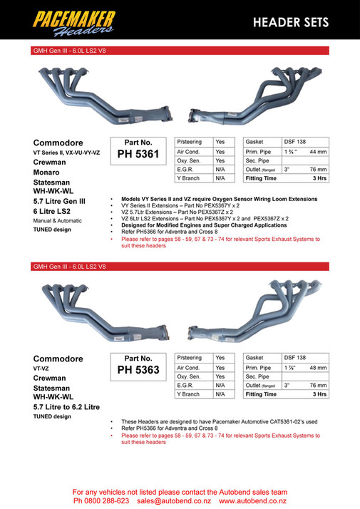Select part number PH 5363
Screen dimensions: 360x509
point(138,369)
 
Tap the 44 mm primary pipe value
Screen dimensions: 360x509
point(318,152)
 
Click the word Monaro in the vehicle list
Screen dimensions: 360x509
point(48,172)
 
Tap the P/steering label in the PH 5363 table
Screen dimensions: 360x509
point(189,357)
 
